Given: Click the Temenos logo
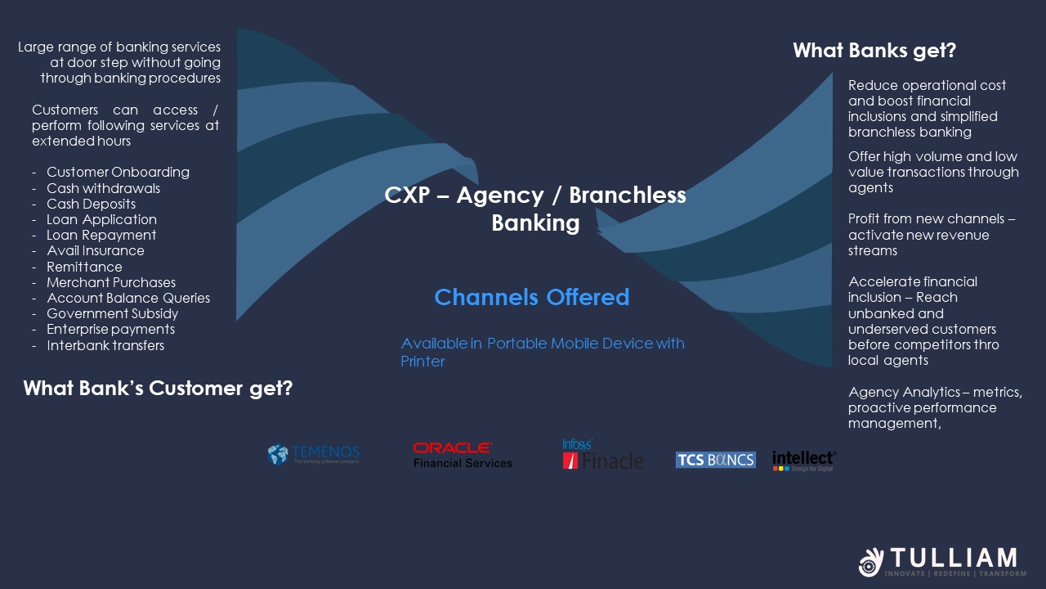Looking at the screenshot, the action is coord(314,454).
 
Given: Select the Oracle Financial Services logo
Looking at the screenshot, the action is coord(463,455).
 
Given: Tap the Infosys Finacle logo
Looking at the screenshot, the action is coord(603,454).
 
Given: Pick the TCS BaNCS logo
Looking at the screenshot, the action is coord(715,460).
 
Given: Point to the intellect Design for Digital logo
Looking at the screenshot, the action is coord(804,461).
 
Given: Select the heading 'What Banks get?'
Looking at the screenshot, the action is coord(874,51).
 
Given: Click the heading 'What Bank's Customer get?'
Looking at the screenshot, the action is coord(158,389).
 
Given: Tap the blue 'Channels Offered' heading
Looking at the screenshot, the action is coord(532,297).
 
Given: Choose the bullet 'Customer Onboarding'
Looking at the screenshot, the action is coord(118,172).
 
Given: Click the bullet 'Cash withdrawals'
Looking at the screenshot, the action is coord(103,188).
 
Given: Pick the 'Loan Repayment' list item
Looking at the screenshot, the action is coord(101,235).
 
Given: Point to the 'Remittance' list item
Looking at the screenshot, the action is coord(84,267).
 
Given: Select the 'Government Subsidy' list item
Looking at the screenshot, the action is coord(112,313).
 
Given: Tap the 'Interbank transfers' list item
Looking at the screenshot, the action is coord(105,345).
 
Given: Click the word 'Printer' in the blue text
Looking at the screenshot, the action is coord(422,362).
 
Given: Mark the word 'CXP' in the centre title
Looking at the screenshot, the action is coord(407,195).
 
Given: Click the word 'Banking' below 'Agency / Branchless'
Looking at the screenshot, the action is coord(535,223).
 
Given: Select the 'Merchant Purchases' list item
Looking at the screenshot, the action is coord(111,282).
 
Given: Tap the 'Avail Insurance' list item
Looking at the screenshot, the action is coord(96,250).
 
